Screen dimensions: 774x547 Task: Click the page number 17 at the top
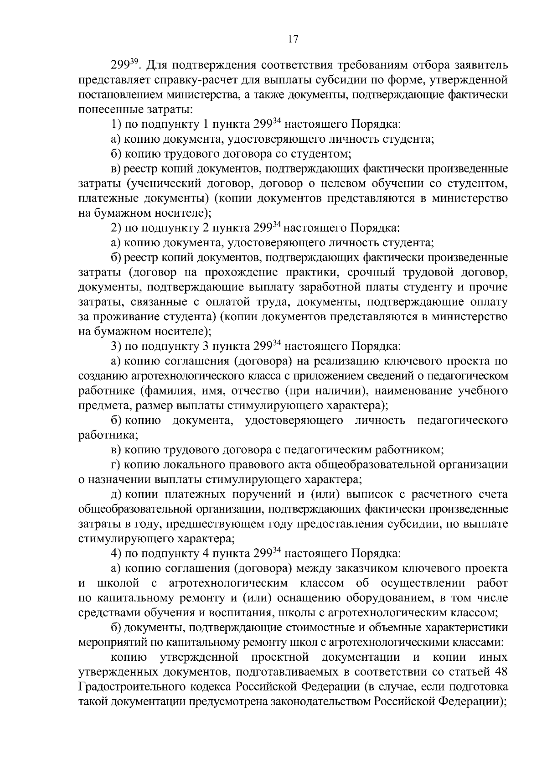click(x=293, y=39)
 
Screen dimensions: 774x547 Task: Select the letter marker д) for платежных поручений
click(x=116, y=495)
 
